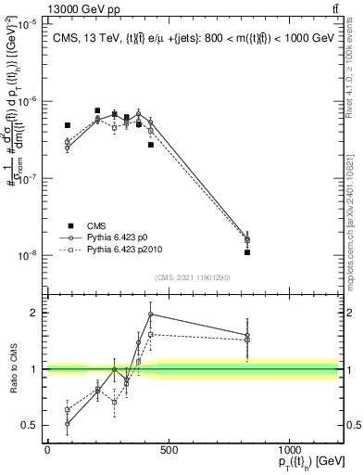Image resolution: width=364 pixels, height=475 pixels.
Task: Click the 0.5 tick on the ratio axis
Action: (x=31, y=425)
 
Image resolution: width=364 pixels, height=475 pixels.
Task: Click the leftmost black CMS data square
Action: (x=68, y=125)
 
